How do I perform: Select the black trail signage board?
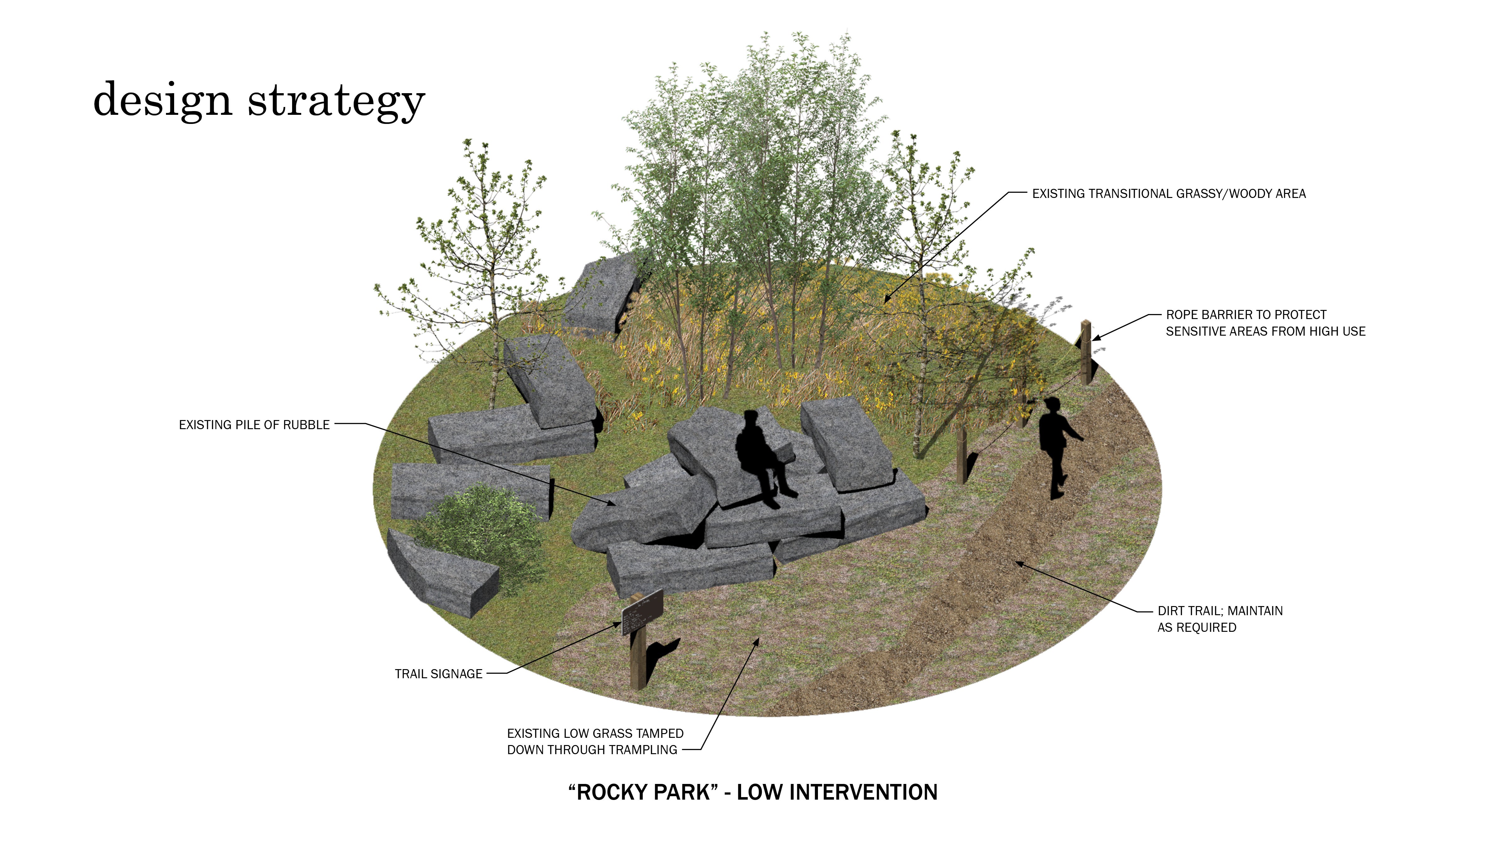click(x=642, y=611)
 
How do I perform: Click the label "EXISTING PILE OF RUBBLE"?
click(x=254, y=425)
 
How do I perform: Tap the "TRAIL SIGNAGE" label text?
click(x=439, y=674)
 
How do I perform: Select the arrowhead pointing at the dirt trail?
click(x=1018, y=564)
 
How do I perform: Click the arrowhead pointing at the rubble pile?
click(x=611, y=502)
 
